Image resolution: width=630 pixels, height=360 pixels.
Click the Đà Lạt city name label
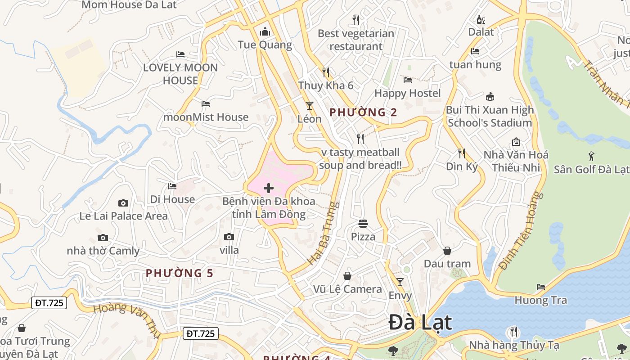coord(420,322)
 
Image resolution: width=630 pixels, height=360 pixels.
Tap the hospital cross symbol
coord(269,188)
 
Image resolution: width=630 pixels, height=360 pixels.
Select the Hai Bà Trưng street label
coord(323,234)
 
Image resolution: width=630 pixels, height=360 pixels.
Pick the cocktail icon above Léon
coord(310,106)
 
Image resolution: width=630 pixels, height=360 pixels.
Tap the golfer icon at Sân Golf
coord(591,156)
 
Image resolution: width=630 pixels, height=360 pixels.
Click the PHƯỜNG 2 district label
coord(364,112)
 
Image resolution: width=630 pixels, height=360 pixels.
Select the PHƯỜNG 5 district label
coord(180,273)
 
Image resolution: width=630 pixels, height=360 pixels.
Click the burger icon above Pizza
coord(363,223)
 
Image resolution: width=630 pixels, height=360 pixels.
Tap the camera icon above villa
coord(229,237)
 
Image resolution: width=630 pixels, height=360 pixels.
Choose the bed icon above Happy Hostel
coord(408,80)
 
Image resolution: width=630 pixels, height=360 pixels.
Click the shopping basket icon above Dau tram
coord(447,251)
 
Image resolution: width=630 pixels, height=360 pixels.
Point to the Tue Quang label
coord(265,45)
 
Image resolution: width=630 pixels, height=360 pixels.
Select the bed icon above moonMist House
coord(206,104)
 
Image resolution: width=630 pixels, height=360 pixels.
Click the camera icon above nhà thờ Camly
coord(103,238)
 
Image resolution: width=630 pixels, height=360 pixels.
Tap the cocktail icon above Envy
coord(400,282)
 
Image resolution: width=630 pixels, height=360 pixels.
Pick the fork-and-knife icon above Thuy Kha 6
coord(326,72)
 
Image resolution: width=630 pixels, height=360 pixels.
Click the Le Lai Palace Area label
coord(123,216)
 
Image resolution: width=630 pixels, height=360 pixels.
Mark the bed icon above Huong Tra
coord(541,287)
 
